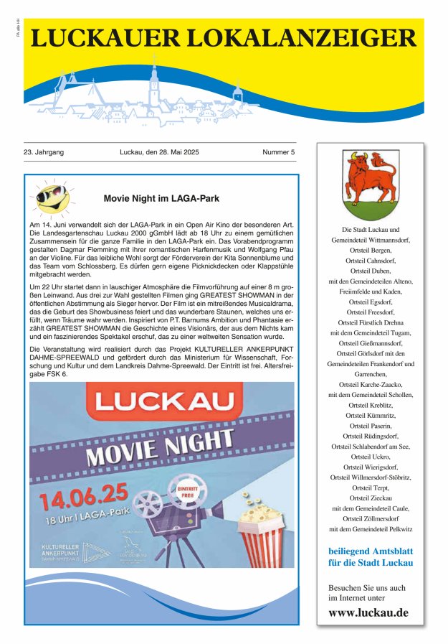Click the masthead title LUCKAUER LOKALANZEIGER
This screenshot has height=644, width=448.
click(224, 37)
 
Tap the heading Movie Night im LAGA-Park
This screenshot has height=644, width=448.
click(161, 197)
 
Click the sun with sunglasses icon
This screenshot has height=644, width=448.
click(52, 197)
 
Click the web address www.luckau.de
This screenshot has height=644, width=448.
click(368, 612)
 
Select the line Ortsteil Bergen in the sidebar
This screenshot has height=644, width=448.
click(370, 251)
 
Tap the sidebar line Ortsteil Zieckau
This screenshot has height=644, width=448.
click(370, 498)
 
